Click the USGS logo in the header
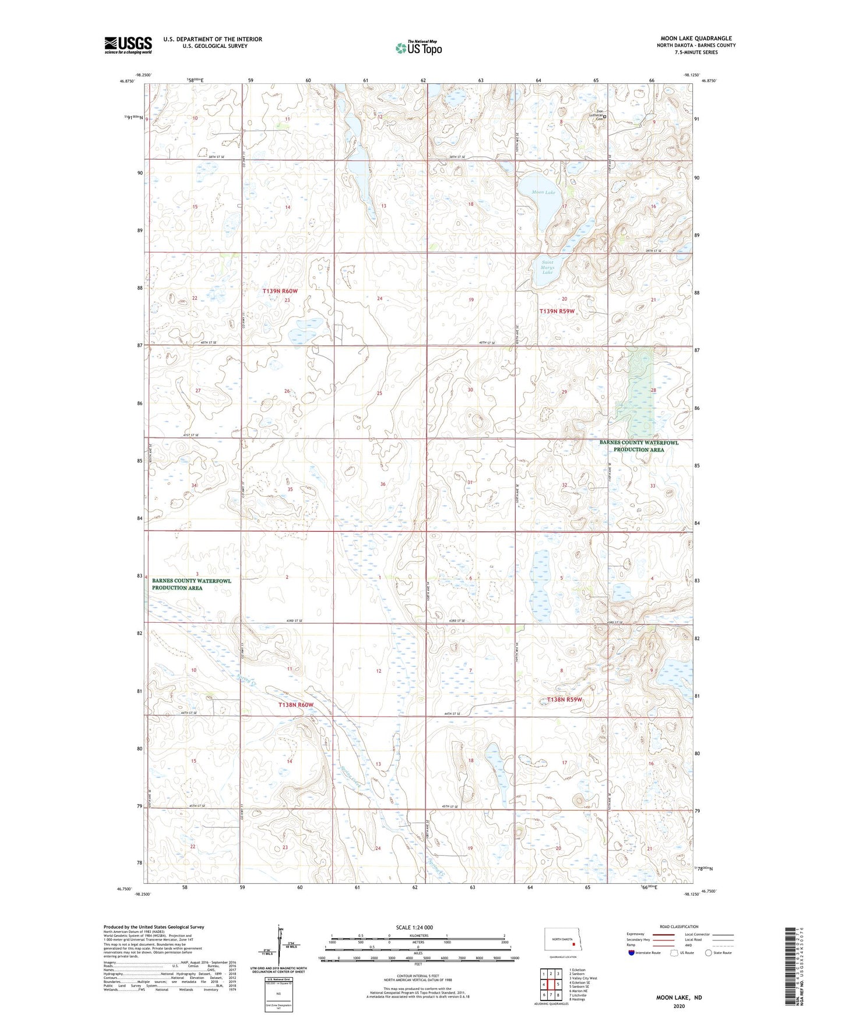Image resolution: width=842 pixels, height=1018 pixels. pyautogui.click(x=128, y=45)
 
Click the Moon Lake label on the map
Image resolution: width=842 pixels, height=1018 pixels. pyautogui.click(x=544, y=192)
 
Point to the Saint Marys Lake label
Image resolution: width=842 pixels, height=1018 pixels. pyautogui.click(x=547, y=267)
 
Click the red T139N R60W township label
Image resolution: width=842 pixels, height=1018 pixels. pyautogui.click(x=280, y=290)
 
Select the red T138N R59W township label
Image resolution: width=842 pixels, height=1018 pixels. pyautogui.click(x=564, y=699)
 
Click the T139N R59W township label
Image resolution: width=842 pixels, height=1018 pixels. pyautogui.click(x=556, y=311)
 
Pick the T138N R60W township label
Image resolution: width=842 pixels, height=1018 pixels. pyautogui.click(x=296, y=704)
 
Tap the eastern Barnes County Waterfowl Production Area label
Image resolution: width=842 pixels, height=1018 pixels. pyautogui.click(x=639, y=446)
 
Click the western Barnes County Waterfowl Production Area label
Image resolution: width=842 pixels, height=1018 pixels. pyautogui.click(x=191, y=584)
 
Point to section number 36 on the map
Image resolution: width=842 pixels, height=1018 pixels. pyautogui.click(x=383, y=484)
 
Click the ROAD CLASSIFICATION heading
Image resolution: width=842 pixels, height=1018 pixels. pyautogui.click(x=679, y=926)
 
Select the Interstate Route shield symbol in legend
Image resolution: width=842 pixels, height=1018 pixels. pyautogui.click(x=632, y=953)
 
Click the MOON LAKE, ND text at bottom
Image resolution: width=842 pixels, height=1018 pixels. pyautogui.click(x=679, y=998)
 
